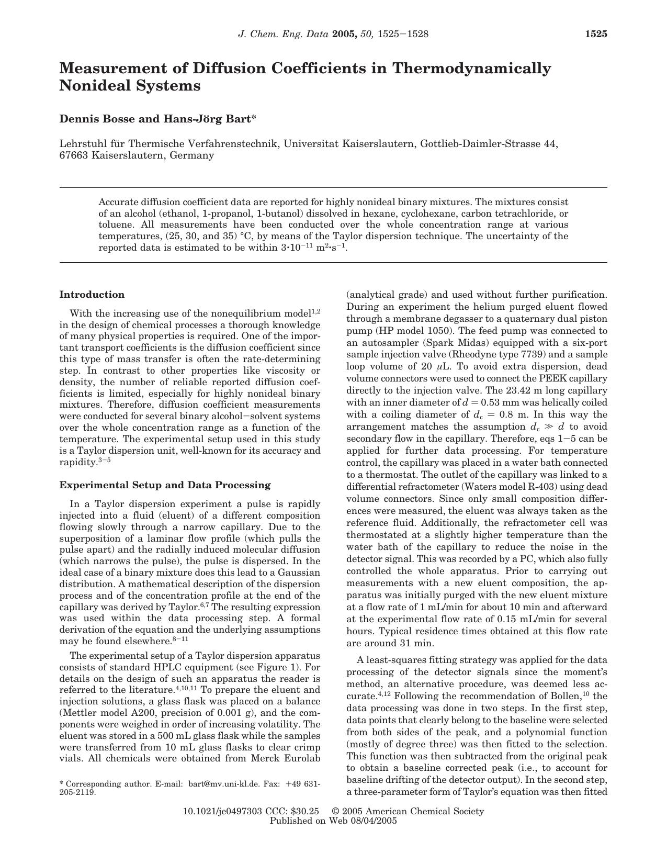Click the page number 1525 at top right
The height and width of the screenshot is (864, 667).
coord(596,35)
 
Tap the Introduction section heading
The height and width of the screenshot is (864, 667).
coord(92,295)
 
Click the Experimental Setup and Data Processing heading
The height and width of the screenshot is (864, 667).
coord(165,485)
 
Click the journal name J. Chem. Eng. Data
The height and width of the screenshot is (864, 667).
coord(284,35)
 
